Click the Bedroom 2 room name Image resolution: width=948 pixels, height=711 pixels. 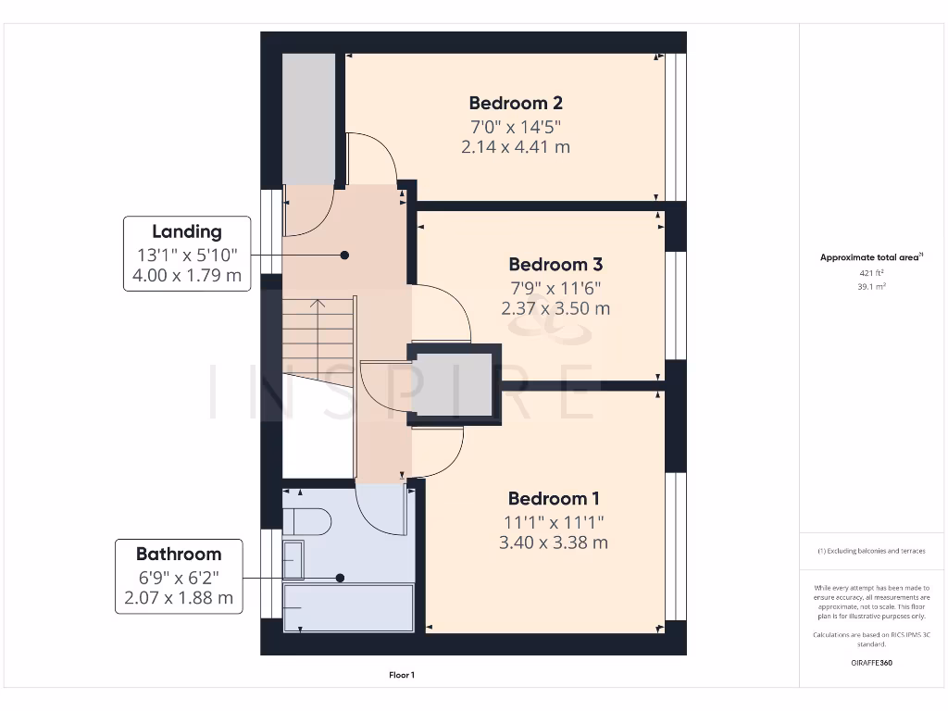point(516,104)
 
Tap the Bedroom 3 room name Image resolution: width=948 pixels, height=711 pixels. point(555,265)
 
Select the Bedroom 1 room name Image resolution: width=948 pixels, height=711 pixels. point(554,499)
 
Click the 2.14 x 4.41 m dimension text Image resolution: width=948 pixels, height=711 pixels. point(516,147)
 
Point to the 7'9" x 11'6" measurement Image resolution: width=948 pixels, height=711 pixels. point(555,289)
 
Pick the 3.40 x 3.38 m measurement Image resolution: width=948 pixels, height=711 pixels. point(554,543)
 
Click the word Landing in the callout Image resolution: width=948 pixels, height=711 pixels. point(187,232)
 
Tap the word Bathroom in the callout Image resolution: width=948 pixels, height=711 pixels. point(179,554)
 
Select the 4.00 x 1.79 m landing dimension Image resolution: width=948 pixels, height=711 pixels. point(187,275)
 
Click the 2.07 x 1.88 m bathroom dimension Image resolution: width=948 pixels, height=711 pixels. point(179,597)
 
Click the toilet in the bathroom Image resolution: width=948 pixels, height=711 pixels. point(306,521)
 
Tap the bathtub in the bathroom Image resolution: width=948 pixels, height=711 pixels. point(348,607)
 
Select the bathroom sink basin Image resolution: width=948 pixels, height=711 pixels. point(293,560)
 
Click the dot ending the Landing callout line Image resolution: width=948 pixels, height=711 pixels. point(344,256)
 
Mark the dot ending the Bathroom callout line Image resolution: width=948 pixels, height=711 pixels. point(340,578)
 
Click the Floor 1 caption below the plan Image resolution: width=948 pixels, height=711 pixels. point(402,675)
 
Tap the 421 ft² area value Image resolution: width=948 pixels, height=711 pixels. point(871,273)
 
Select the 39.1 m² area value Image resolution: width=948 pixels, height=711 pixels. point(871,287)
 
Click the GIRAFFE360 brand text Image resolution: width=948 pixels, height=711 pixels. point(871,663)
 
